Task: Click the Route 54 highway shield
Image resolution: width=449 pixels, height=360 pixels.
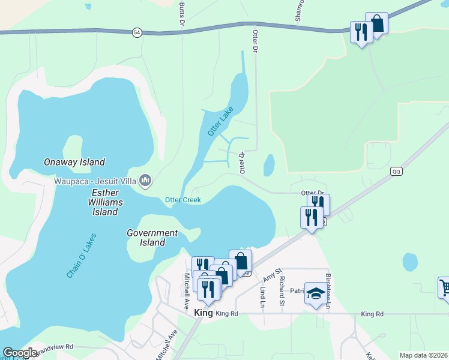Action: pos(138,33)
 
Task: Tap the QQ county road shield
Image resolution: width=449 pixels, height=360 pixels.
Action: pos(396,171)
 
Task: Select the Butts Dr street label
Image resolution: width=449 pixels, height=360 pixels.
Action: pos(181,13)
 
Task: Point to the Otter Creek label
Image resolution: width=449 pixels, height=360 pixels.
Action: pos(183,200)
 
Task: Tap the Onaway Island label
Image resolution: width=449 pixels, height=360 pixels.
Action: pos(74,162)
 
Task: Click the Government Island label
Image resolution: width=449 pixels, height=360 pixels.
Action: pos(152,238)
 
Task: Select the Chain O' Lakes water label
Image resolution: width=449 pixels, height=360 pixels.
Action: pos(82,256)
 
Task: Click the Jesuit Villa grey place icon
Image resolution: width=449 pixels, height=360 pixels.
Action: pos(145,179)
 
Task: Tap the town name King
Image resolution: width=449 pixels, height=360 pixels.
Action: pos(204,313)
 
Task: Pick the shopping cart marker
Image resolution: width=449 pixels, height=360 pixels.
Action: pos(444,287)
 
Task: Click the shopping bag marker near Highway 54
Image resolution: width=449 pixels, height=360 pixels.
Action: pos(376,24)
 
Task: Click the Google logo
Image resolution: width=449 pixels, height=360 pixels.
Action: pos(20,353)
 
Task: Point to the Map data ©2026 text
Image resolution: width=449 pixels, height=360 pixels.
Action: pos(423,355)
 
